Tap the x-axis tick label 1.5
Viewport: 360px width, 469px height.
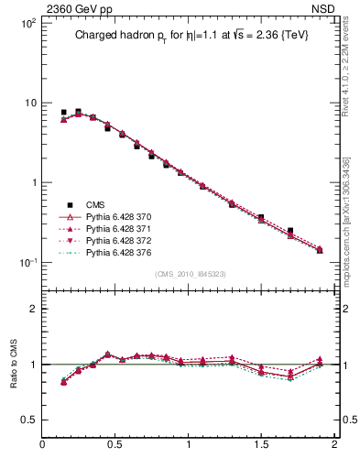tap(260, 445)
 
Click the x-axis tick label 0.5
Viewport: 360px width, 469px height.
tap(115, 445)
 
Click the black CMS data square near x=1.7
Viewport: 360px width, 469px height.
tap(290, 231)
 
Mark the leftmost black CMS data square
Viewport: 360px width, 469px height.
tap(63, 113)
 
